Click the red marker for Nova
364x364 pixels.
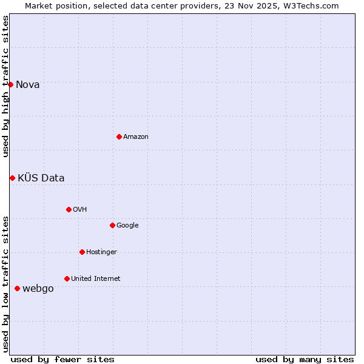[x=11, y=84]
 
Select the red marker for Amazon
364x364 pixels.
[x=119, y=136]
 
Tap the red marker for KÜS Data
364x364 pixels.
[x=12, y=178]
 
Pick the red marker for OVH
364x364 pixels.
[x=69, y=209]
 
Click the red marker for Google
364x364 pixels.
[x=112, y=225]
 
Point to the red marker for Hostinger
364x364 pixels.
[x=82, y=252]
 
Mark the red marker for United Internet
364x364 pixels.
[x=67, y=278]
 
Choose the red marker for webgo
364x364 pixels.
[x=17, y=288]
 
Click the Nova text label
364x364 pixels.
[x=28, y=84]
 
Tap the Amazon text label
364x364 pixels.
[x=136, y=136]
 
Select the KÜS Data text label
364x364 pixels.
[x=41, y=178]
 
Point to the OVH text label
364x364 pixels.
[x=79, y=209]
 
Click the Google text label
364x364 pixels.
[x=127, y=225]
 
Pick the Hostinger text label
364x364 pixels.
[x=101, y=252]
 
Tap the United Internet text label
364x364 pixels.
[x=95, y=278]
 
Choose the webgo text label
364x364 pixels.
[x=38, y=288]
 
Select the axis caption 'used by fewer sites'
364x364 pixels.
[x=62, y=359]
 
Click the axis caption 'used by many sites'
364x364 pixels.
[x=305, y=359]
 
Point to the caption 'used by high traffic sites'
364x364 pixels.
[x=5, y=86]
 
